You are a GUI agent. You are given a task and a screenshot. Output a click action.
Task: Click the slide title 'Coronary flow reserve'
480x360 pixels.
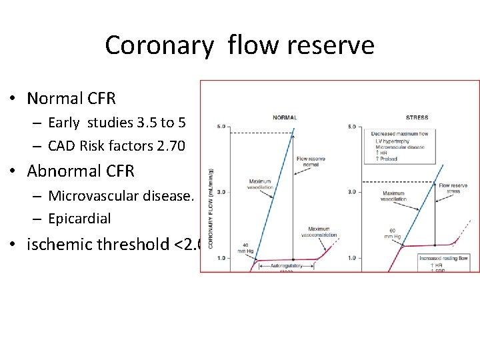point(239,45)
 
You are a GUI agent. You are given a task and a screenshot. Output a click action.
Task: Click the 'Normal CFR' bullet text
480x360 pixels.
point(71,99)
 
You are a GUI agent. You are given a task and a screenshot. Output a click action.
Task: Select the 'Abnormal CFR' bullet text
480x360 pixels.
point(81,171)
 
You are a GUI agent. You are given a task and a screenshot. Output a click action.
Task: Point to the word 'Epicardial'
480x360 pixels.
point(79,219)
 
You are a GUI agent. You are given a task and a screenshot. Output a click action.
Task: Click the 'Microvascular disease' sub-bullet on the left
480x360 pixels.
point(119,196)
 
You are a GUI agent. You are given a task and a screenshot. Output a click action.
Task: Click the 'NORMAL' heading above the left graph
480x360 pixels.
point(285,118)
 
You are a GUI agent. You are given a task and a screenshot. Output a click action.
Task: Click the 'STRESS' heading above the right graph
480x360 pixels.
point(417,118)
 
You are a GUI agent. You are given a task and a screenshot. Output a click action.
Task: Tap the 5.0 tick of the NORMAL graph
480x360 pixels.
point(221,125)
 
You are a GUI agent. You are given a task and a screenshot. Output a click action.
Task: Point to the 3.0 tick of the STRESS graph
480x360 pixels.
point(353,192)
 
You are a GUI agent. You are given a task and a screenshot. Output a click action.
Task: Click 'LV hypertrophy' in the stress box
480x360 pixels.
point(389,141)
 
